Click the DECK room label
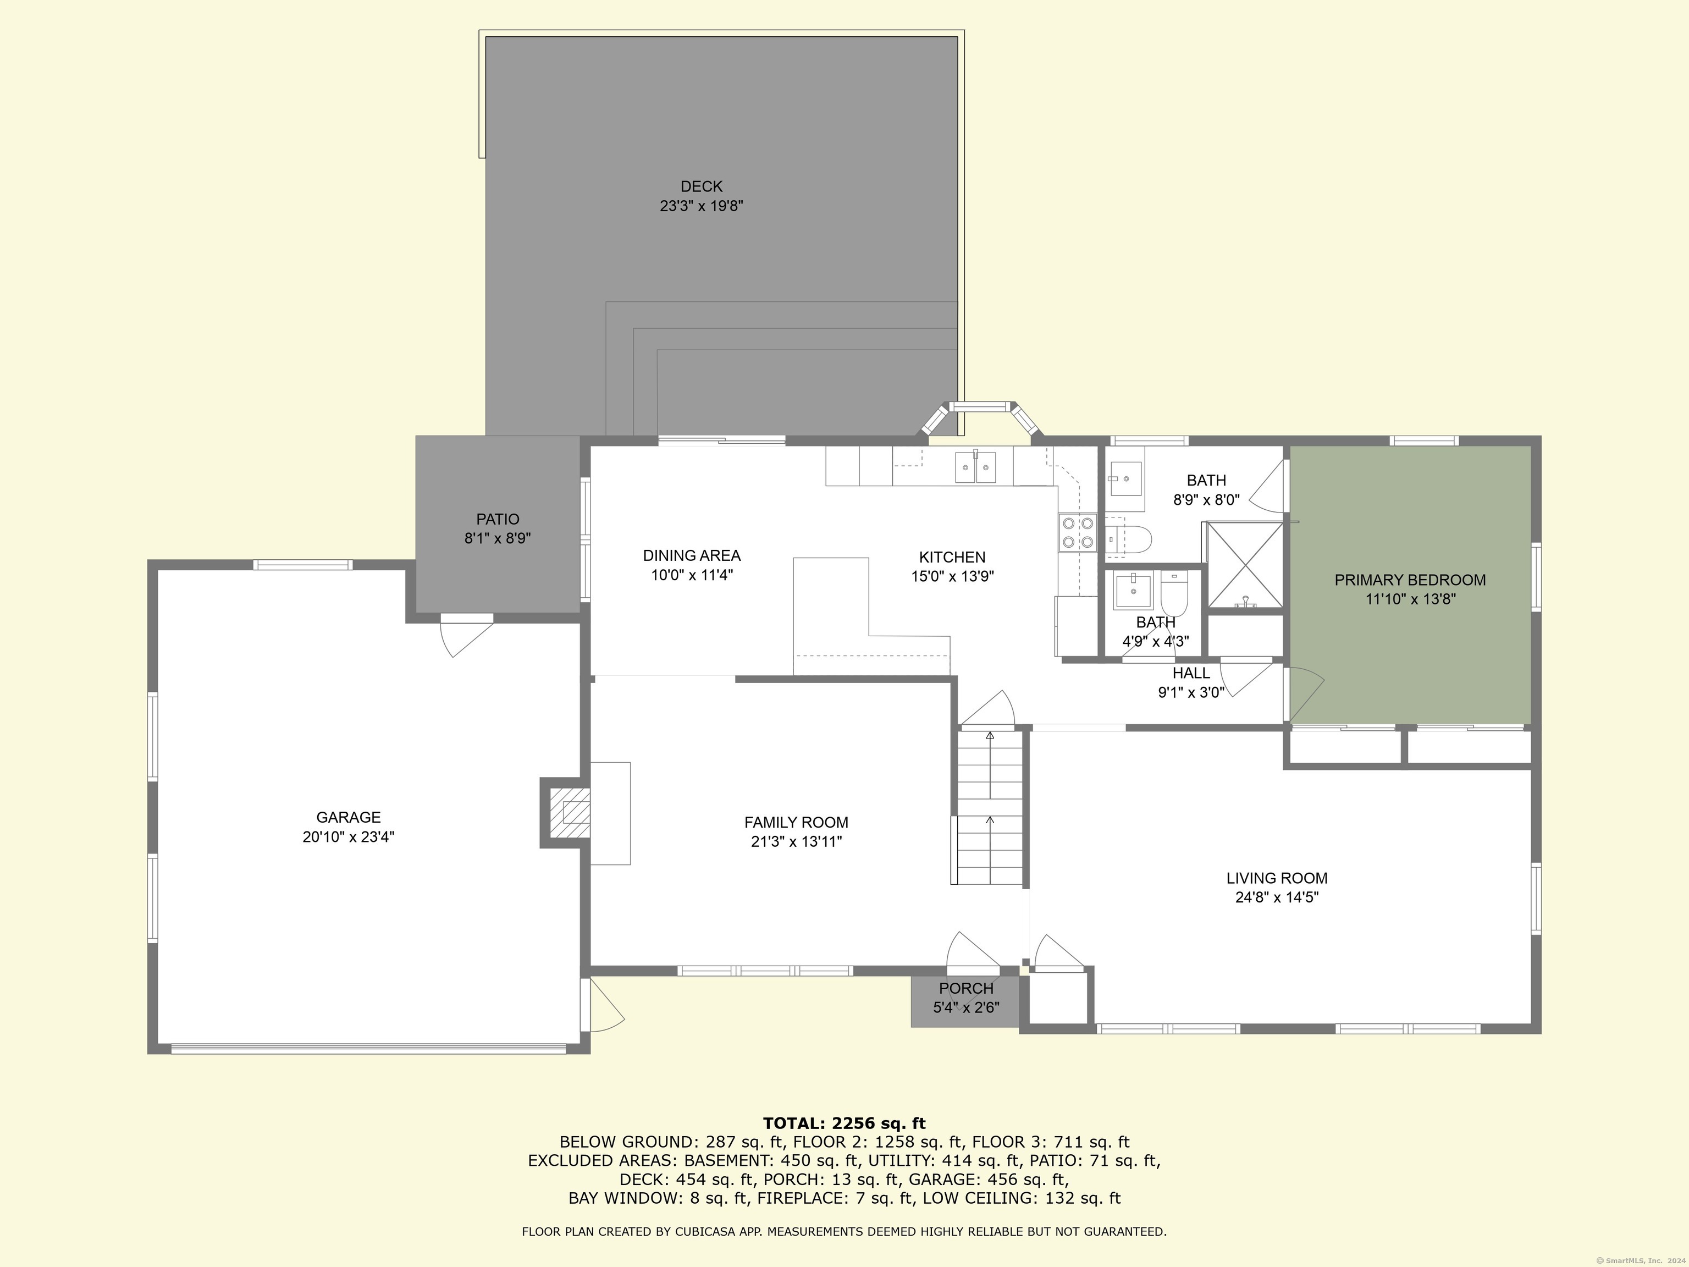coord(701,186)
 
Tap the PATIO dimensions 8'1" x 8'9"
coord(497,538)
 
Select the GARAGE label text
coord(348,817)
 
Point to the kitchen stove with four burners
coord(1077,533)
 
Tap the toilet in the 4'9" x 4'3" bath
coord(1174,593)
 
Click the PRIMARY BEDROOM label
coord(1410,580)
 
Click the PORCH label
coord(966,988)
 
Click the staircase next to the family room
coord(990,809)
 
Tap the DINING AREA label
coord(691,556)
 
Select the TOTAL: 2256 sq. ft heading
coord(844,1123)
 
